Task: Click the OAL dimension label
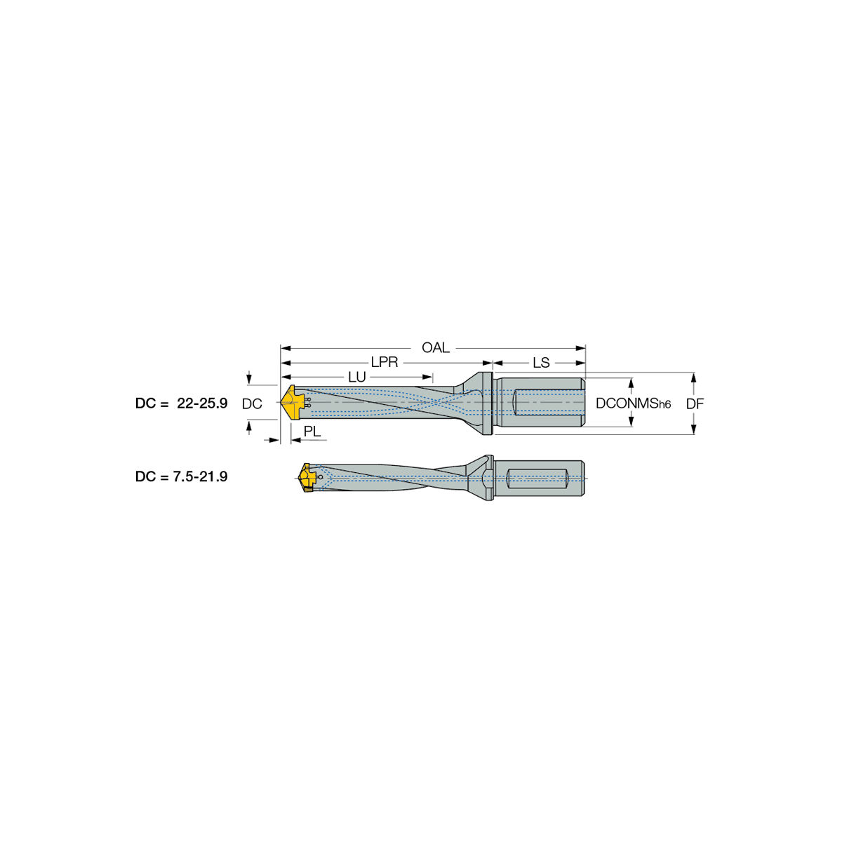coord(435,348)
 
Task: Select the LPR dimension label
coord(384,362)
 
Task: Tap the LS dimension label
coord(541,362)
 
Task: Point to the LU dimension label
coord(356,377)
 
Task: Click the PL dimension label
coord(312,432)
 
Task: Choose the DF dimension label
coord(695,403)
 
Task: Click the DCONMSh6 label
coord(633,403)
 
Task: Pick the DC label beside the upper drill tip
coord(252,404)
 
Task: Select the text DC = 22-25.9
coord(181,403)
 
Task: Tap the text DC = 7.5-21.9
coord(181,476)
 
